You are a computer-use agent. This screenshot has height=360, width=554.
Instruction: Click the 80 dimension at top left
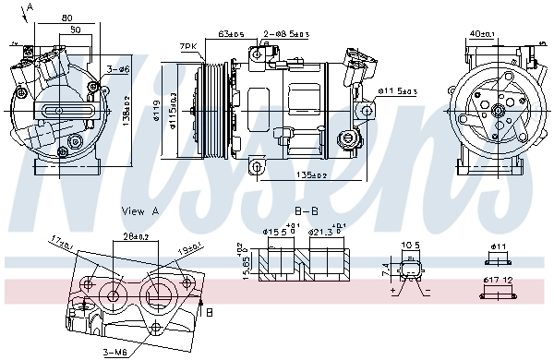click(68, 17)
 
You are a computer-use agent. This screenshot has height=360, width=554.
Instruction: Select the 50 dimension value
click(76, 30)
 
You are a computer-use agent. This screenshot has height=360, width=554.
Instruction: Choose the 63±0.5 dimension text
click(231, 34)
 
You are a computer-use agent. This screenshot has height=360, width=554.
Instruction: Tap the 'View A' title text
click(140, 210)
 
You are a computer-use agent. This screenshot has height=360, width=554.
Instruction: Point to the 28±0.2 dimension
click(138, 236)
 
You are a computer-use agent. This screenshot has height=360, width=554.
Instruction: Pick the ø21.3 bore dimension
click(325, 232)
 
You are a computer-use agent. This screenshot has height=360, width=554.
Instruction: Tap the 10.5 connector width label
click(411, 246)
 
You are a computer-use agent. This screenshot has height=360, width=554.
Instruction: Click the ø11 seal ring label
click(500, 246)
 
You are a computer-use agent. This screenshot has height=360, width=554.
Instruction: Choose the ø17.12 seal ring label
click(500, 280)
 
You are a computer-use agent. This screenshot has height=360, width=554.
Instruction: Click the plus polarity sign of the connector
click(394, 289)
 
